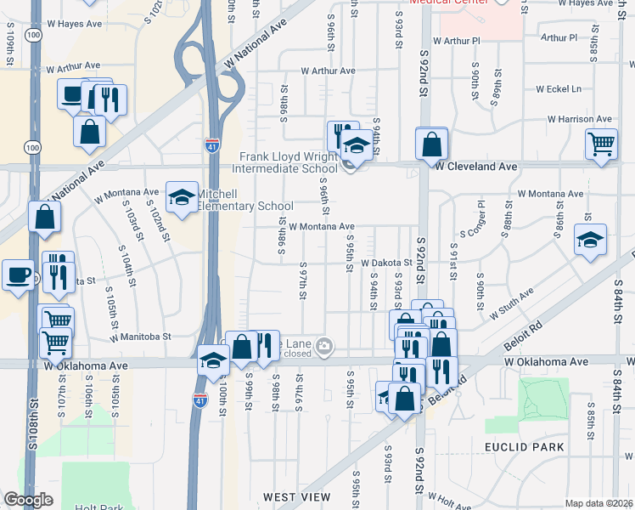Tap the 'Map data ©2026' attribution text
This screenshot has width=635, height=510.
coord(598,503)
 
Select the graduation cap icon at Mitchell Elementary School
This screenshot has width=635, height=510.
coord(180,199)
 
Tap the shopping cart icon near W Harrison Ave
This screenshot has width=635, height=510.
coord(600,144)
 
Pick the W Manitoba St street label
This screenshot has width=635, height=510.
coord(138,337)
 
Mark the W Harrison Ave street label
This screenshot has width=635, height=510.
coord(579,119)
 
